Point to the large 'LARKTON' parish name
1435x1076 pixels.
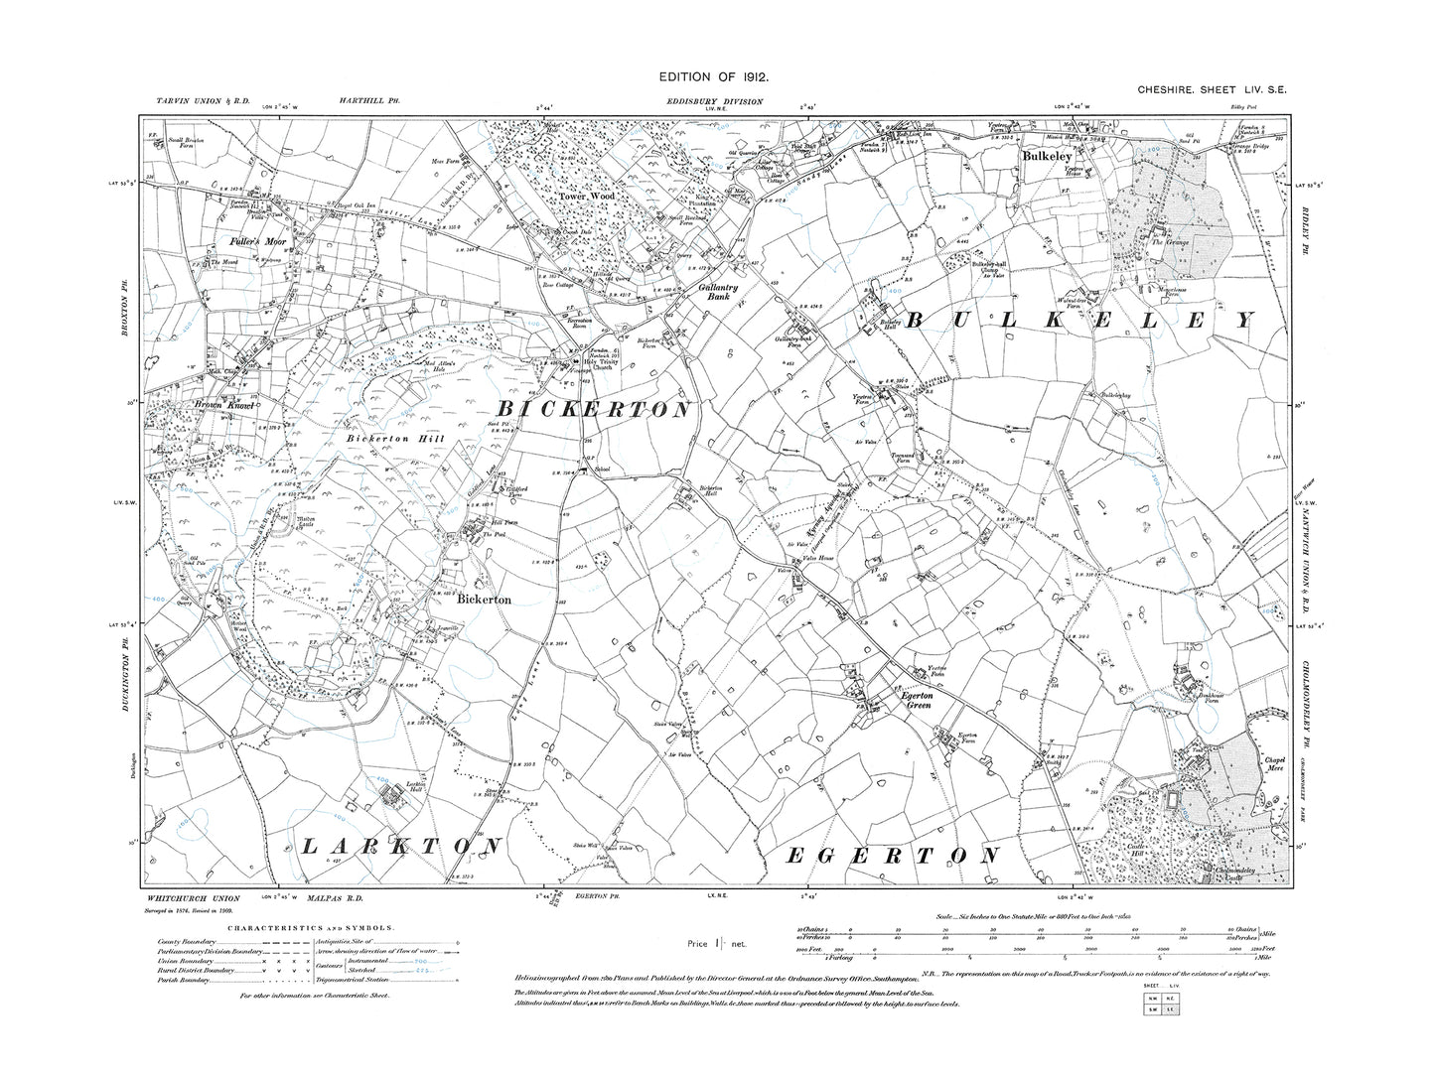pyautogui.click(x=397, y=845)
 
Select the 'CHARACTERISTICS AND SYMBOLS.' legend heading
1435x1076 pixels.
pyautogui.click(x=310, y=927)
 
